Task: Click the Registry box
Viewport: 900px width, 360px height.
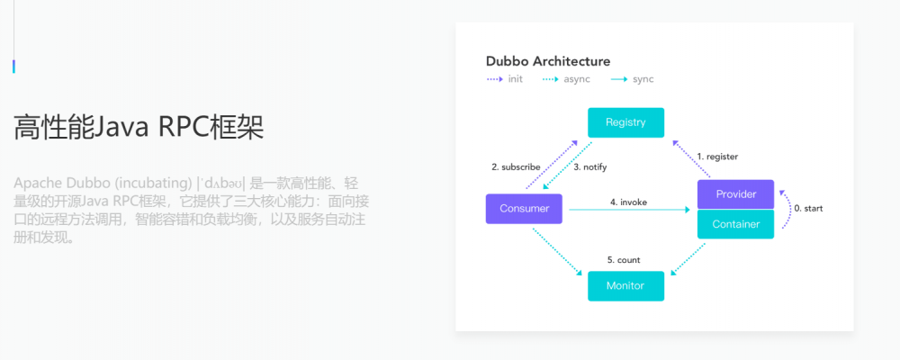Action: coord(625,122)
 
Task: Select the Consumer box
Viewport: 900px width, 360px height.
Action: coord(524,209)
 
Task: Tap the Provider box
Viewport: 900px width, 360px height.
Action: coord(735,194)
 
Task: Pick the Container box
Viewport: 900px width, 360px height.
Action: coord(735,224)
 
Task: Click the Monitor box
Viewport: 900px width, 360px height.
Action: coord(625,285)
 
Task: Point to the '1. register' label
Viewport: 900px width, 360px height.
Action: coord(717,157)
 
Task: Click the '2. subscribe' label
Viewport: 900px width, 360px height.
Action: coord(516,166)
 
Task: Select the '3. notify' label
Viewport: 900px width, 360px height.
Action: coord(589,166)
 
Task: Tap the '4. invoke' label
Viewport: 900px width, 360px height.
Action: coord(628,202)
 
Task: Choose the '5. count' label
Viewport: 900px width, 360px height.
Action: coord(624,260)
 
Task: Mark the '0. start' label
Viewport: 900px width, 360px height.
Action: coord(807,209)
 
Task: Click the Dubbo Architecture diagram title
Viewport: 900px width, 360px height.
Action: coord(548,61)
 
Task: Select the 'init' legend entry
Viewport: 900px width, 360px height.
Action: coord(515,79)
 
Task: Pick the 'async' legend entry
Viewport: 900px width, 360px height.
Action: coord(577,79)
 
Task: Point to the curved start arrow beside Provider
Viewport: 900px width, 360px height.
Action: coord(786,209)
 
